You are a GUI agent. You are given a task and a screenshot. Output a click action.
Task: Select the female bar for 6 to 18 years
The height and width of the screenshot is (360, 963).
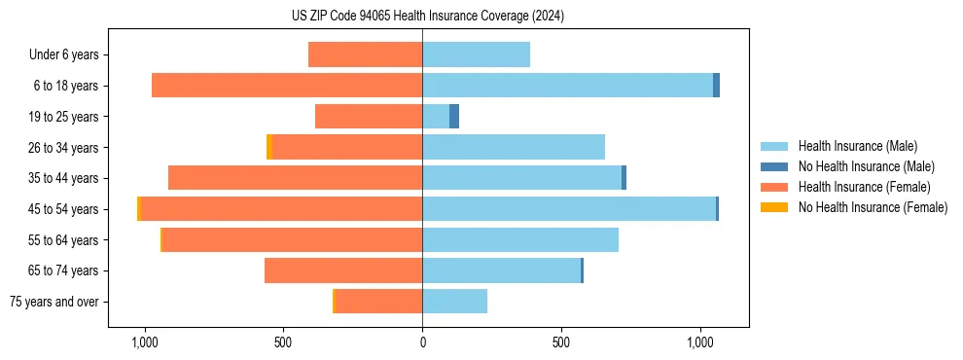pos(287,86)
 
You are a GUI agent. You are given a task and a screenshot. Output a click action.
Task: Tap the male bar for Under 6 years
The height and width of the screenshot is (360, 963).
pos(476,54)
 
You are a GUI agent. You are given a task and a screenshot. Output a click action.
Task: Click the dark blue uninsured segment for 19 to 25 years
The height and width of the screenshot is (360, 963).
pos(454,117)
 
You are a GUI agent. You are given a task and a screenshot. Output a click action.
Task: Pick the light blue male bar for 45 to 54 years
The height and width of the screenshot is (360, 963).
pos(569,209)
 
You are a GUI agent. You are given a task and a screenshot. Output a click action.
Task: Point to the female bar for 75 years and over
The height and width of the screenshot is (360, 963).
pos(378,302)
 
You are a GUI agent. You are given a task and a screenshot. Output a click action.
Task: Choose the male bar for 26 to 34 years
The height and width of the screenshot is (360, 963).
pos(514,147)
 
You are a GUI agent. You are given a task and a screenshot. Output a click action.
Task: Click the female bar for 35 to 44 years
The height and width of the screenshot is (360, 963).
pos(295,178)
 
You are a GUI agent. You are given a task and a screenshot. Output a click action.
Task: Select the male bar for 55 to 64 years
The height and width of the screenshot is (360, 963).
pos(520,239)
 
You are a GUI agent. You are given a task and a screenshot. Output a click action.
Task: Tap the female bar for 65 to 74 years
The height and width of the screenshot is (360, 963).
pos(343,270)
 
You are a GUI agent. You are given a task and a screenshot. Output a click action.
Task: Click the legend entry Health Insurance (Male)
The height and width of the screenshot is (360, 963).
pos(857,146)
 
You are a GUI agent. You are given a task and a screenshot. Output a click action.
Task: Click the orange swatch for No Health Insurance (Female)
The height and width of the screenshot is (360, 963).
pos(774,207)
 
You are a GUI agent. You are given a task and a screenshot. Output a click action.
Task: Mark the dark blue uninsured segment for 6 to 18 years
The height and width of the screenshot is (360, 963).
pos(717,86)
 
